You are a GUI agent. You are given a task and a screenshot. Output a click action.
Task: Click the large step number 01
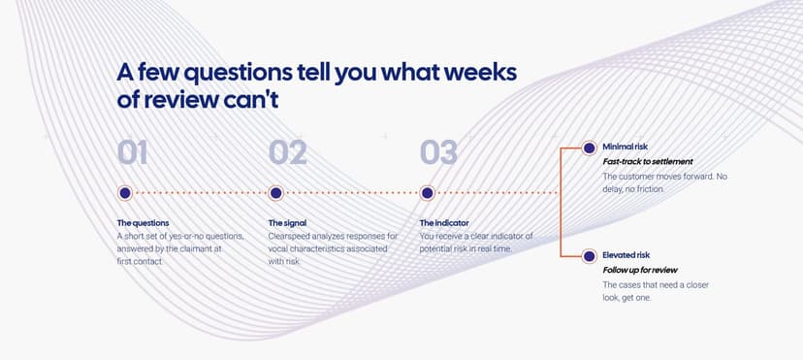[x=133, y=152]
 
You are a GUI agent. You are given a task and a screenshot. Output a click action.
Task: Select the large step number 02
[x=288, y=152]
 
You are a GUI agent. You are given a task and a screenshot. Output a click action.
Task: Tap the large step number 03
[x=439, y=152]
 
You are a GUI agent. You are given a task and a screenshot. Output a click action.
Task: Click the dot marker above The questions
[x=125, y=193]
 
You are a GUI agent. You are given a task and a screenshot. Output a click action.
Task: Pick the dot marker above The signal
[x=276, y=193]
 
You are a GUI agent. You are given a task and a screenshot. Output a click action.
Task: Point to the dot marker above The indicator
[x=427, y=193]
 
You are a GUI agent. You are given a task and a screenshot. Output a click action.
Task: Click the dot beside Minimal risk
[x=590, y=148]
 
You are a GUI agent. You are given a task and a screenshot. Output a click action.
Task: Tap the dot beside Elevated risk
[x=590, y=256]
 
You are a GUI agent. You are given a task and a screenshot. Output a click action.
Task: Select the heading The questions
[x=143, y=223]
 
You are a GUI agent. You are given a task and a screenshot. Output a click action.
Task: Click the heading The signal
[x=287, y=223]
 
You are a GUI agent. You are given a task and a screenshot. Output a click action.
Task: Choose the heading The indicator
[x=444, y=223]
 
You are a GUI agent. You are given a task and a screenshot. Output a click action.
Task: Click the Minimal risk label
[x=625, y=147]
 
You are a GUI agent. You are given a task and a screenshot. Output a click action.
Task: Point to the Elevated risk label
[x=626, y=255]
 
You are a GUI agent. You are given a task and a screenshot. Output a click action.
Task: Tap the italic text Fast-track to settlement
[x=648, y=162]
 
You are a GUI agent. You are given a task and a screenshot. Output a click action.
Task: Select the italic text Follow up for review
[x=640, y=270]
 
